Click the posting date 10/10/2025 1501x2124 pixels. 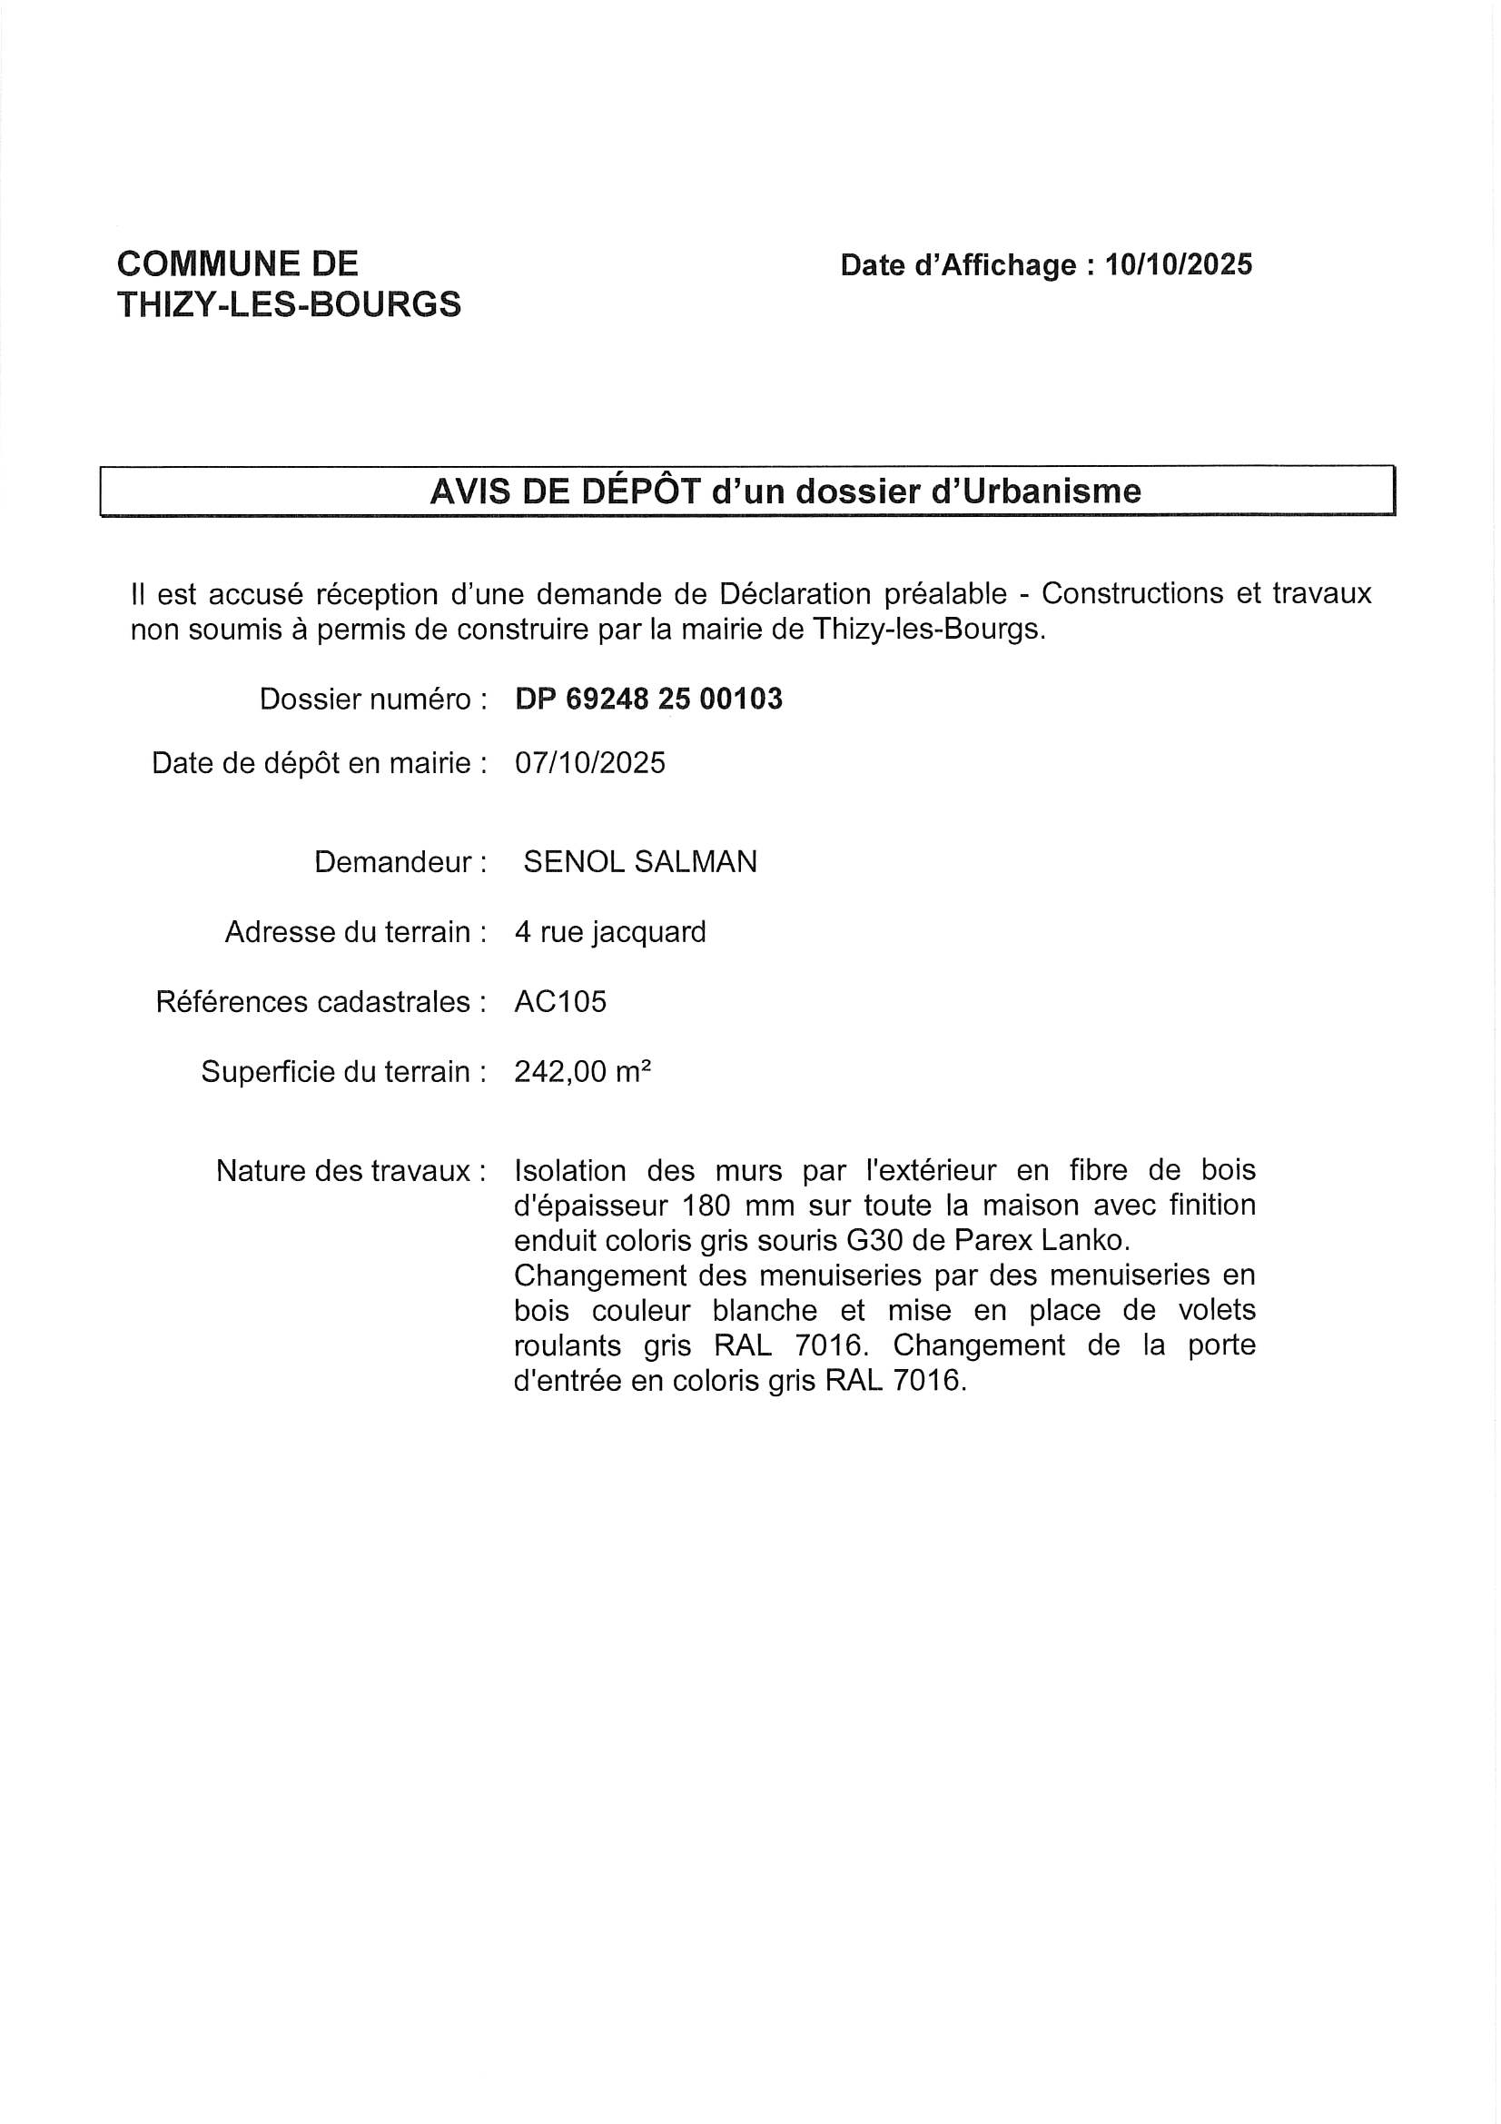1179,264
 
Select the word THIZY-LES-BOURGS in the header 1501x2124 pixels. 289,304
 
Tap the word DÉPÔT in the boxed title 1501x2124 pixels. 640,491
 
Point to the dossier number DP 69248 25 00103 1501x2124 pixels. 648,699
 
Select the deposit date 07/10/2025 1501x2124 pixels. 590,763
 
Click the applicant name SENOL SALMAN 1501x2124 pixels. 640,862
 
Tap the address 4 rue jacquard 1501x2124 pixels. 610,931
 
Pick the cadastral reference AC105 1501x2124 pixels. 560,1002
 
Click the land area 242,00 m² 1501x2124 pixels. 583,1072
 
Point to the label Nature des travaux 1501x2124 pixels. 351,1171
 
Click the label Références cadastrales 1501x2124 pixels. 321,1002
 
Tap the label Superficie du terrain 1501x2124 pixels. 343,1072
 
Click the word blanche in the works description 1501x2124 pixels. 764,1311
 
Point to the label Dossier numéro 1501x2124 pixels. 372,700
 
